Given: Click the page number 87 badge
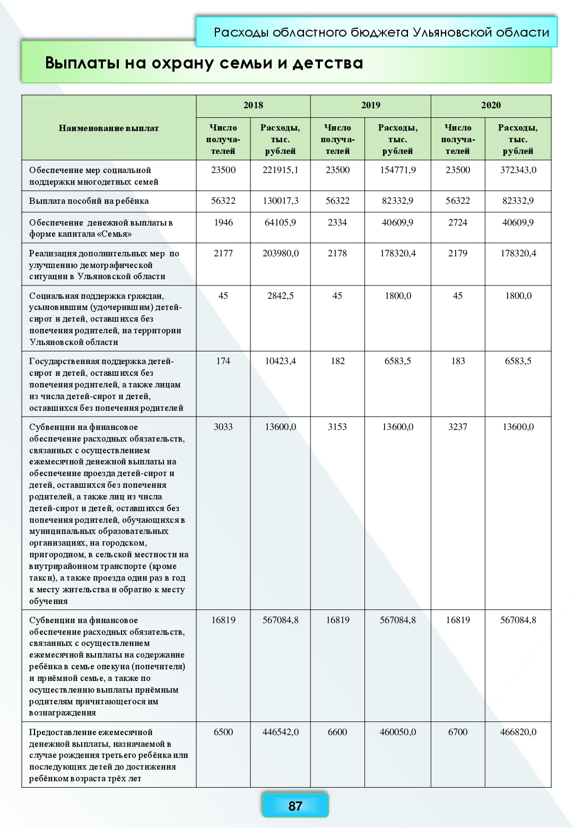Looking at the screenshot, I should pos(295,806).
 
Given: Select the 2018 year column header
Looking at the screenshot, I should pos(253,105).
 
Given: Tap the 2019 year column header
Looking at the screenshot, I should pos(370,105).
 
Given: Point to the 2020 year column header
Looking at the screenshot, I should pos(491,105).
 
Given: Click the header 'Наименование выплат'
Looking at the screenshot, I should pos(109,128).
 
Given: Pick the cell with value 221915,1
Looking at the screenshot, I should pos(280,170).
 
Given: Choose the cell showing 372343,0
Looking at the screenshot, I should pos(518,170).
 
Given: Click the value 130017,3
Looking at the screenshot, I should pos(280,201).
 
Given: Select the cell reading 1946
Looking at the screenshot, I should pos(223,222).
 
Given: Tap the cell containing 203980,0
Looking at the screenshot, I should pos(280,253).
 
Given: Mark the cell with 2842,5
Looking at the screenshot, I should pos(280,296).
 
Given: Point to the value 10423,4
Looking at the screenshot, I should pos(280,361).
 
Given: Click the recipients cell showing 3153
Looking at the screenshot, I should pos(337,427).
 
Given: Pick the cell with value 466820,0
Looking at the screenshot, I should pos(518,732).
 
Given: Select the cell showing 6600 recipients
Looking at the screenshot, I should pos(337,732).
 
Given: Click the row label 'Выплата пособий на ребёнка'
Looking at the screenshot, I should pos(89,201).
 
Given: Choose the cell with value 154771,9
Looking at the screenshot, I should pos(397,170).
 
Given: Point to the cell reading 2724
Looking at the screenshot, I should pos(457,222).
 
